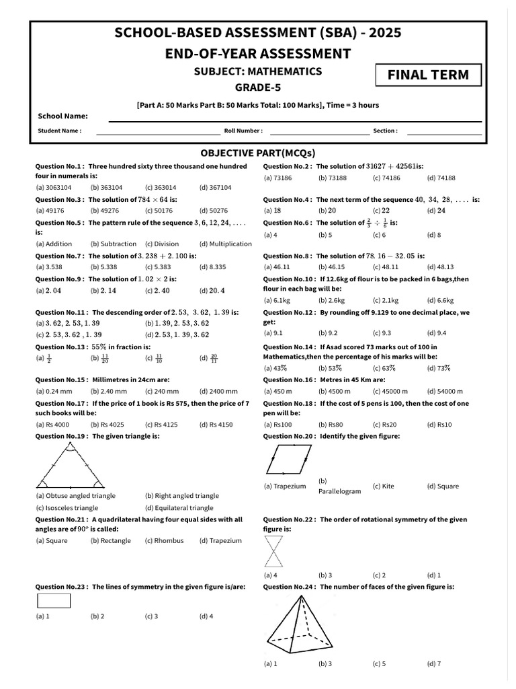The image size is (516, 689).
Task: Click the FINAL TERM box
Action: pos(429,75)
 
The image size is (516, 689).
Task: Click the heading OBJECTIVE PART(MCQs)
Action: pos(259,152)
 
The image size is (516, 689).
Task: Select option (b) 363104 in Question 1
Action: pos(106,188)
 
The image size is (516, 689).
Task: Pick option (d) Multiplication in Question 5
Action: pos(225,244)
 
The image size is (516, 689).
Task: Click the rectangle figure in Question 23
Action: pos(53,600)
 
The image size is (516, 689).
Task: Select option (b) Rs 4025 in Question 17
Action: pos(107,425)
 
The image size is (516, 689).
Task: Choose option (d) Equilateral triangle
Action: pos(179,508)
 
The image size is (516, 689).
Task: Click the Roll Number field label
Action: pos(243,131)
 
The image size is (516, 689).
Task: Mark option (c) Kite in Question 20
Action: pos(384,486)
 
